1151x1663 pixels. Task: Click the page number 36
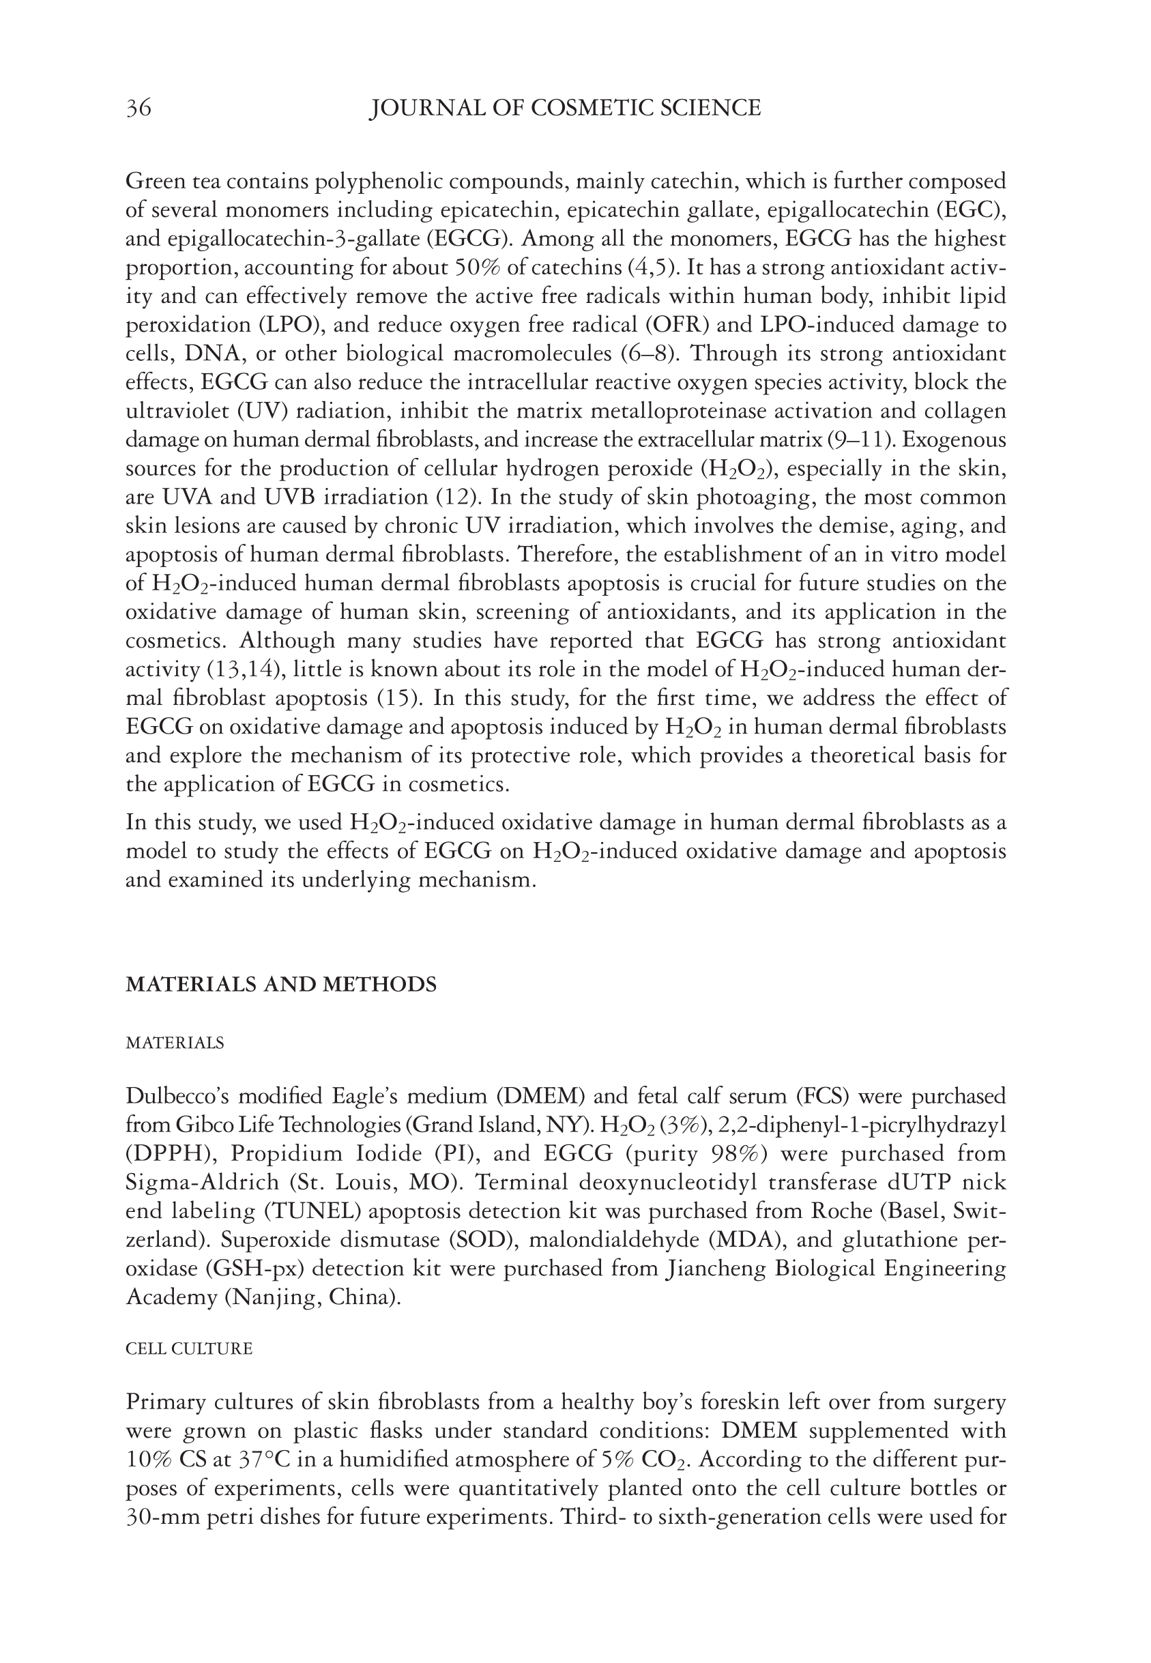139,109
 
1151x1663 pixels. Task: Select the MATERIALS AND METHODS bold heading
280,985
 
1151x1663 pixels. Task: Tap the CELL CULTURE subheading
189,1348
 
